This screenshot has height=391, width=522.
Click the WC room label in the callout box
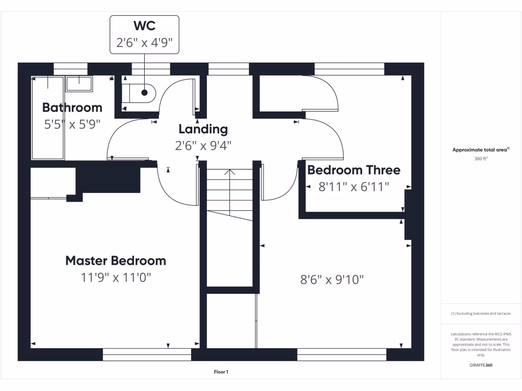tap(144, 26)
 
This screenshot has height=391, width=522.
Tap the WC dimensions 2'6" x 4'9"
tap(148, 43)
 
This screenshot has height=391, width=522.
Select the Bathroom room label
tap(72, 107)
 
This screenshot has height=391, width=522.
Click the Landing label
tap(203, 129)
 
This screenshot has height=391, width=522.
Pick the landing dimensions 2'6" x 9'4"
tap(203, 145)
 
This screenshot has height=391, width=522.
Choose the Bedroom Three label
tap(354, 170)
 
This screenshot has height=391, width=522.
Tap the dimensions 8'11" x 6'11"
tap(354, 187)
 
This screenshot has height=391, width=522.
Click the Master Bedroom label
tap(116, 261)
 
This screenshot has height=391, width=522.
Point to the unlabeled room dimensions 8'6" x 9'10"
tap(332, 280)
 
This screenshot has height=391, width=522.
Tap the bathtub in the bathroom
tap(47, 118)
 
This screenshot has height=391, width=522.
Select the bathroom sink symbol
tap(79, 83)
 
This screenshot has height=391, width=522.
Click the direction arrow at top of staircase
tap(230, 172)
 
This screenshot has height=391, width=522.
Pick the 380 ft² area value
tap(481, 158)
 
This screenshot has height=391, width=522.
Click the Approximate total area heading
tap(481, 150)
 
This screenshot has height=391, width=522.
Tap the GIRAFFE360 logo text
tap(481, 365)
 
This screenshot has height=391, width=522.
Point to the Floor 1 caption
tap(221, 372)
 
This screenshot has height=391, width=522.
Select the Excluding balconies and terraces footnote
tap(481, 314)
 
